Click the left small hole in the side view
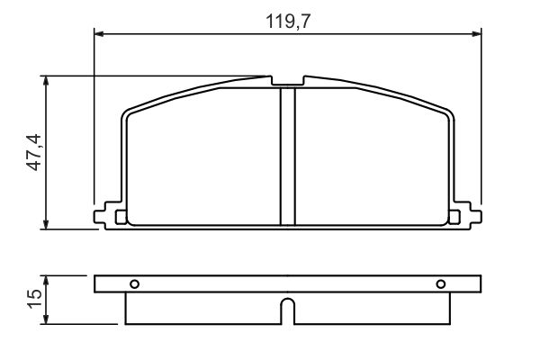[x=134, y=284]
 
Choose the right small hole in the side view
[x=441, y=284]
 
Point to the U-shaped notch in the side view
[x=287, y=310]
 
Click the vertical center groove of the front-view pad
[x=287, y=157]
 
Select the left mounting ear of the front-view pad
[x=108, y=215]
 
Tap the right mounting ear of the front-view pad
[x=467, y=215]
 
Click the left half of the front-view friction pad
[x=202, y=157]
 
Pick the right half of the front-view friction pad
[x=371, y=157]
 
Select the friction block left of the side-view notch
[x=202, y=308]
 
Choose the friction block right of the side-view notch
[x=371, y=308]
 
